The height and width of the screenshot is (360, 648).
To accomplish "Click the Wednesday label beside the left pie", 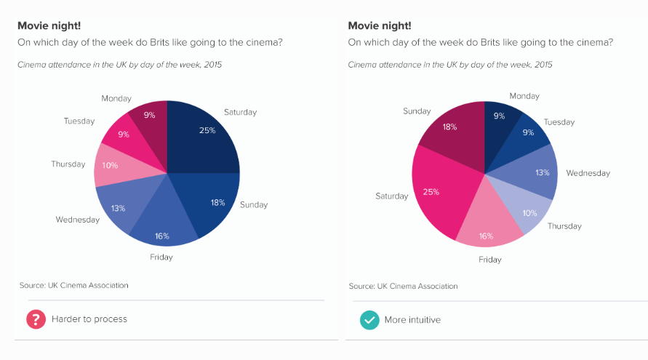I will point(77,220).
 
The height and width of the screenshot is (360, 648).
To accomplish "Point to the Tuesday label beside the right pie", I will point(559,122).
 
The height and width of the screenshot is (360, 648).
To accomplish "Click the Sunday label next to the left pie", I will point(254,204).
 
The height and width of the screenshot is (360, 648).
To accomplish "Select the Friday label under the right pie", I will point(490,260).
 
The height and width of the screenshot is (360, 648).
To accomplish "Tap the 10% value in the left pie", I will point(110,165).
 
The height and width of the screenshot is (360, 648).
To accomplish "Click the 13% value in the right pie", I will point(542,172).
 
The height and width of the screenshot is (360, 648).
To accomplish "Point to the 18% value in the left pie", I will point(217,202).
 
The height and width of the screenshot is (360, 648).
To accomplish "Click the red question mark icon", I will point(36,319).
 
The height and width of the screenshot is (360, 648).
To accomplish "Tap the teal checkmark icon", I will point(369,320).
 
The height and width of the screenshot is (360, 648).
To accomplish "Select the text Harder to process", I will point(89,319).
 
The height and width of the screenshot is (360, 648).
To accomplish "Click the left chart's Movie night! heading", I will point(49,25).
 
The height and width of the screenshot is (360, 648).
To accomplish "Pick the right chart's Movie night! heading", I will point(380,25).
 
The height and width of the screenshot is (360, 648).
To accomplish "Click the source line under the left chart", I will point(73,286).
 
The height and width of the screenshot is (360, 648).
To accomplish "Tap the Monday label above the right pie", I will point(524,96).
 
